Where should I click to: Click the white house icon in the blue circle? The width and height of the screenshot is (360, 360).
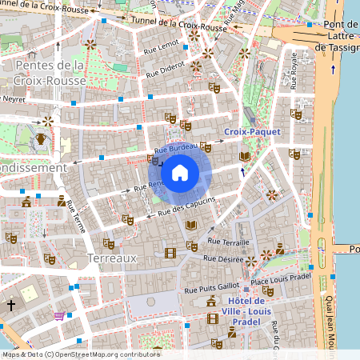180,173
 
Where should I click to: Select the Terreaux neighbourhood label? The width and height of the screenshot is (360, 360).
113,258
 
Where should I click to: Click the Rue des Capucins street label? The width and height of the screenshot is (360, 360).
187,207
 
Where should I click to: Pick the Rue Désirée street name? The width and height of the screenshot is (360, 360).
222,259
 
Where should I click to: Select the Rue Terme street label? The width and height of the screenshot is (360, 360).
76,215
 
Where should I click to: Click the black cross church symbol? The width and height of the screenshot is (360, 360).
11,306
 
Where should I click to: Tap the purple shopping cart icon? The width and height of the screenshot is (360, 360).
58,316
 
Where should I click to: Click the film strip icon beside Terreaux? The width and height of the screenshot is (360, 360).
169,254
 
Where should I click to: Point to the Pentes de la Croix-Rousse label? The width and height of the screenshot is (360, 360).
50,73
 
